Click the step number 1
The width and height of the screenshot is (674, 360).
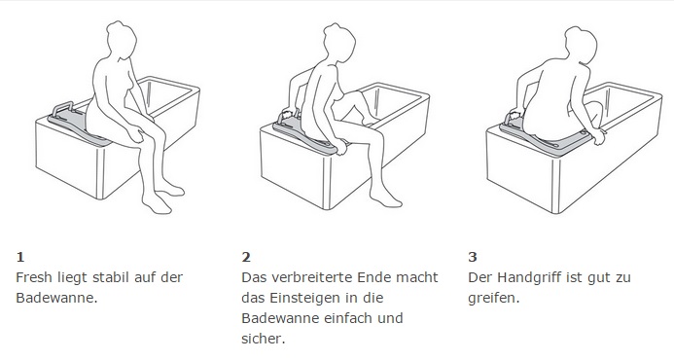pyautogui.click(x=20, y=257)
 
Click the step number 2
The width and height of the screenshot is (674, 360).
pyautogui.click(x=246, y=257)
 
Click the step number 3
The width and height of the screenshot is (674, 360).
pyautogui.click(x=473, y=257)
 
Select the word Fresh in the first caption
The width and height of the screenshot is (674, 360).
pyautogui.click(x=34, y=277)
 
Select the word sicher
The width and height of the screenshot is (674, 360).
pyautogui.click(x=263, y=339)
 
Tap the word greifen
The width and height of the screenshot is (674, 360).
pyautogui.click(x=494, y=298)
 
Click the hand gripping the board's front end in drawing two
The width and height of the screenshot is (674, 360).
pyautogui.click(x=338, y=149)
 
